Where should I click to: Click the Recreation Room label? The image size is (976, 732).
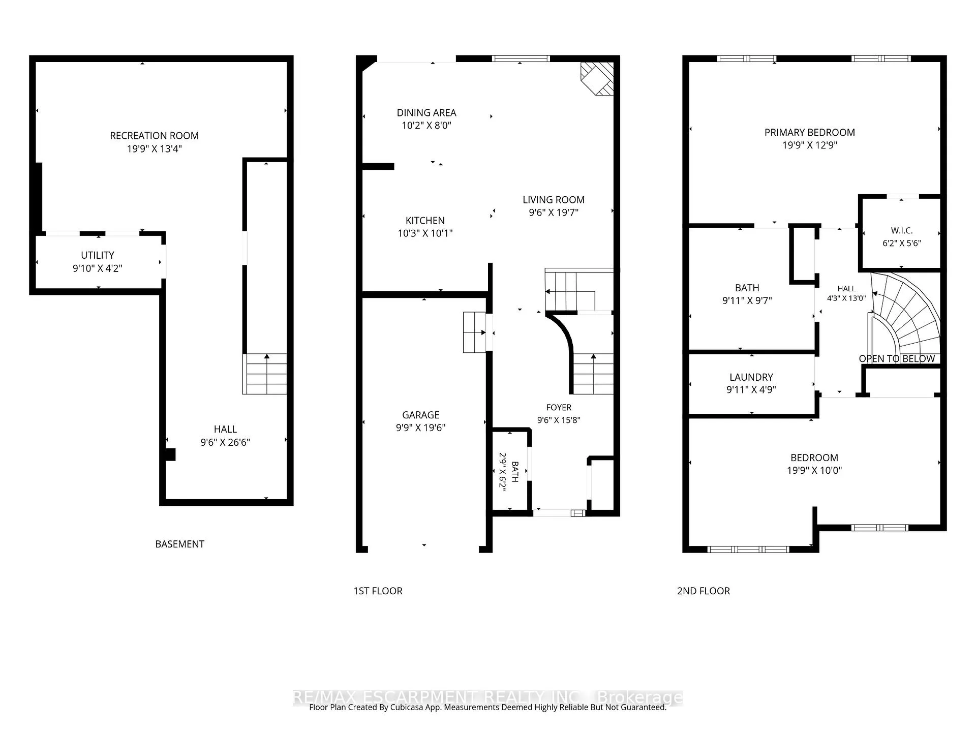coord(154,136)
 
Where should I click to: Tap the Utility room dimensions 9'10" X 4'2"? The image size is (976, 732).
coord(98,268)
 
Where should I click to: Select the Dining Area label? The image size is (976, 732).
coord(426,113)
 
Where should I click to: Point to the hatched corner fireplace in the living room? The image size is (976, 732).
coord(597,79)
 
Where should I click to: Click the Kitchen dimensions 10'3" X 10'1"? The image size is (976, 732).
coord(425,233)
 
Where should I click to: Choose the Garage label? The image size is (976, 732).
coord(420,415)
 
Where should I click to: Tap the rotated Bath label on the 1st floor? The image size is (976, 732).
coord(515,472)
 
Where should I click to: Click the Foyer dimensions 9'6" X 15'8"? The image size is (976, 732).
coord(559,420)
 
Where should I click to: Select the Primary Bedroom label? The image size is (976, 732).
coord(810,133)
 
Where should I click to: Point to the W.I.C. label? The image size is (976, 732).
coord(902,231)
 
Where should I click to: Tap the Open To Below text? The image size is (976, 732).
coord(897,359)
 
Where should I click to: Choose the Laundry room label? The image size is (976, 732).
coord(751,377)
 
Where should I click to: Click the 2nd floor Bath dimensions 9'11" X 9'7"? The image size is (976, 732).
coord(747,301)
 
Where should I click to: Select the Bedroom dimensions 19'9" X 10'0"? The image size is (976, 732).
coord(814,471)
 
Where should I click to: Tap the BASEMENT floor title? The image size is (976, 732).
coord(179,544)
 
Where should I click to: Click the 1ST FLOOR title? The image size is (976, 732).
coord(378,591)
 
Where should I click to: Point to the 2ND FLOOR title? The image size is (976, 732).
coord(704,591)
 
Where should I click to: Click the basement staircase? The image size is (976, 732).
coord(265,374)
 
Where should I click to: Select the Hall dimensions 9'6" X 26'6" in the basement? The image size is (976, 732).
coord(225,443)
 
